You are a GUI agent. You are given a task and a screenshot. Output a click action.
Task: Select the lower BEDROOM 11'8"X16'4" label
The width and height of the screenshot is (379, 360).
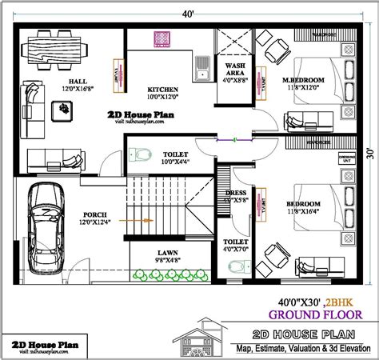pyautogui.click(x=303, y=205)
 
